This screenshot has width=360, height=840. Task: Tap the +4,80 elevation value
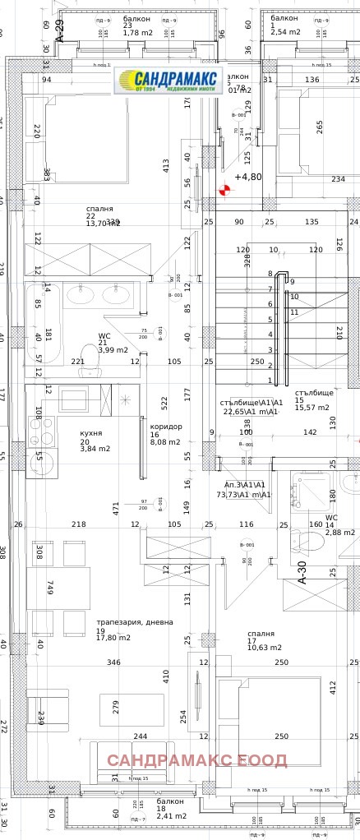247,177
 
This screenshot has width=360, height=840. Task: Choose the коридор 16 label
166,434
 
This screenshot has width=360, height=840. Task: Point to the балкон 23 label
137,25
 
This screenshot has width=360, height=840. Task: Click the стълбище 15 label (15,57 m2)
312,399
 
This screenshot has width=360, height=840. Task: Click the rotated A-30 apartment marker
301,570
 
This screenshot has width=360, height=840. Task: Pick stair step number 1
270,380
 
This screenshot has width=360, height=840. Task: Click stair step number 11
294,312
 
